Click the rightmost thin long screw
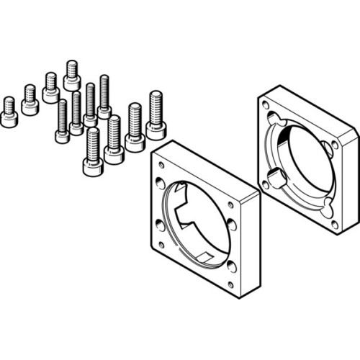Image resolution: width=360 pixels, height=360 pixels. point(104,97)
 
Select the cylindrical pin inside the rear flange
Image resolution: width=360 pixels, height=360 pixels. point(276,176)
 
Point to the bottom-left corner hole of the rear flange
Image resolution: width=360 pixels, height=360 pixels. point(265,184)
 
